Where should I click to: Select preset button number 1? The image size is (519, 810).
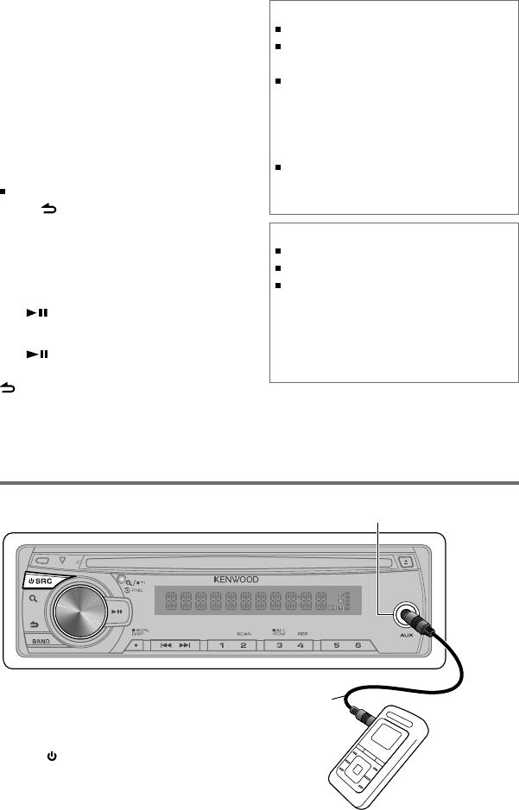pyautogui.click(x=221, y=644)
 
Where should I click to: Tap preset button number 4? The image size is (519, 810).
pyautogui.click(x=300, y=644)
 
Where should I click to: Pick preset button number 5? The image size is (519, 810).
pyautogui.click(x=335, y=644)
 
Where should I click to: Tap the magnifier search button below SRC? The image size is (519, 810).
pyautogui.click(x=32, y=600)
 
